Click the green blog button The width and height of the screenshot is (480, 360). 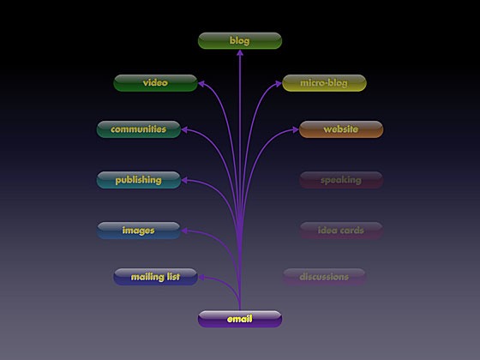point(240,41)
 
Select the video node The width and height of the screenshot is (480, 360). point(155,83)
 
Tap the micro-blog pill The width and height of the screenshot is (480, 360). point(324,83)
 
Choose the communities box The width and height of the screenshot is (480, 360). point(139,129)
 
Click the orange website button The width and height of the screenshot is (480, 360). point(341,129)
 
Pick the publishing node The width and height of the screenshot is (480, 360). point(139,180)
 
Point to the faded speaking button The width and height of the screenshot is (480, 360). point(341,180)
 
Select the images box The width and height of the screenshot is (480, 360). point(139,231)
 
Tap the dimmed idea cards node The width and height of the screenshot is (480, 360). point(341,231)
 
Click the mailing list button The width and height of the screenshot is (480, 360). point(155,277)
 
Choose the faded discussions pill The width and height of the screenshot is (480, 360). point(324,277)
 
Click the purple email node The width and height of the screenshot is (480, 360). point(240,319)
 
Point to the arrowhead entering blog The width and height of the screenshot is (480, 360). point(240,53)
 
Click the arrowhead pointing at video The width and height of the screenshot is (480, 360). point(201,84)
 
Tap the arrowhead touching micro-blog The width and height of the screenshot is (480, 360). point(279,84)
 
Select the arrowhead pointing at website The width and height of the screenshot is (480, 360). point(295,129)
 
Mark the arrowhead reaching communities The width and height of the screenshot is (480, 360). point(184,130)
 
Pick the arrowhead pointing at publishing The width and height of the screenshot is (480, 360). point(184,180)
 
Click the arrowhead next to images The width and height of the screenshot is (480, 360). point(184,231)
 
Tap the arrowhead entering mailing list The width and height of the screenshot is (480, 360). point(201,278)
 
